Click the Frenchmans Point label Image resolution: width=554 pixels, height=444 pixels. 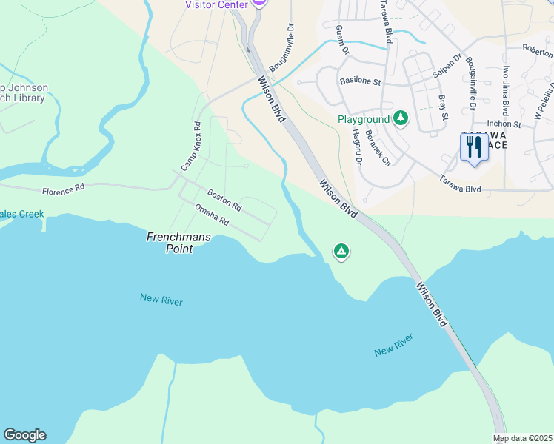tap(168, 243)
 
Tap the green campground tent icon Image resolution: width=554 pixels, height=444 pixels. tap(341, 252)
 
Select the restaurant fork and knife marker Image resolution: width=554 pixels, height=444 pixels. tap(473, 147)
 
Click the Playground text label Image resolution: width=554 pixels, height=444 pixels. tap(364, 119)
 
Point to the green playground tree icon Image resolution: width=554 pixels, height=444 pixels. tap(401, 118)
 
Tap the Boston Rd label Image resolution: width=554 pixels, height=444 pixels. tap(224, 199)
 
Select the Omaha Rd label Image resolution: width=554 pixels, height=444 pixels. tap(212, 215)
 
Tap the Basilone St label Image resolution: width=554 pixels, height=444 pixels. tap(360, 81)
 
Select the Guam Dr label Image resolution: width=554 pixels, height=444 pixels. tap(341, 40)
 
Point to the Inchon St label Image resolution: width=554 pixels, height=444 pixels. tap(504, 125)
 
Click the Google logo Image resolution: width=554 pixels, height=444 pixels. tap(24, 435)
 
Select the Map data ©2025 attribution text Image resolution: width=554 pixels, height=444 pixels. tap(522, 438)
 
